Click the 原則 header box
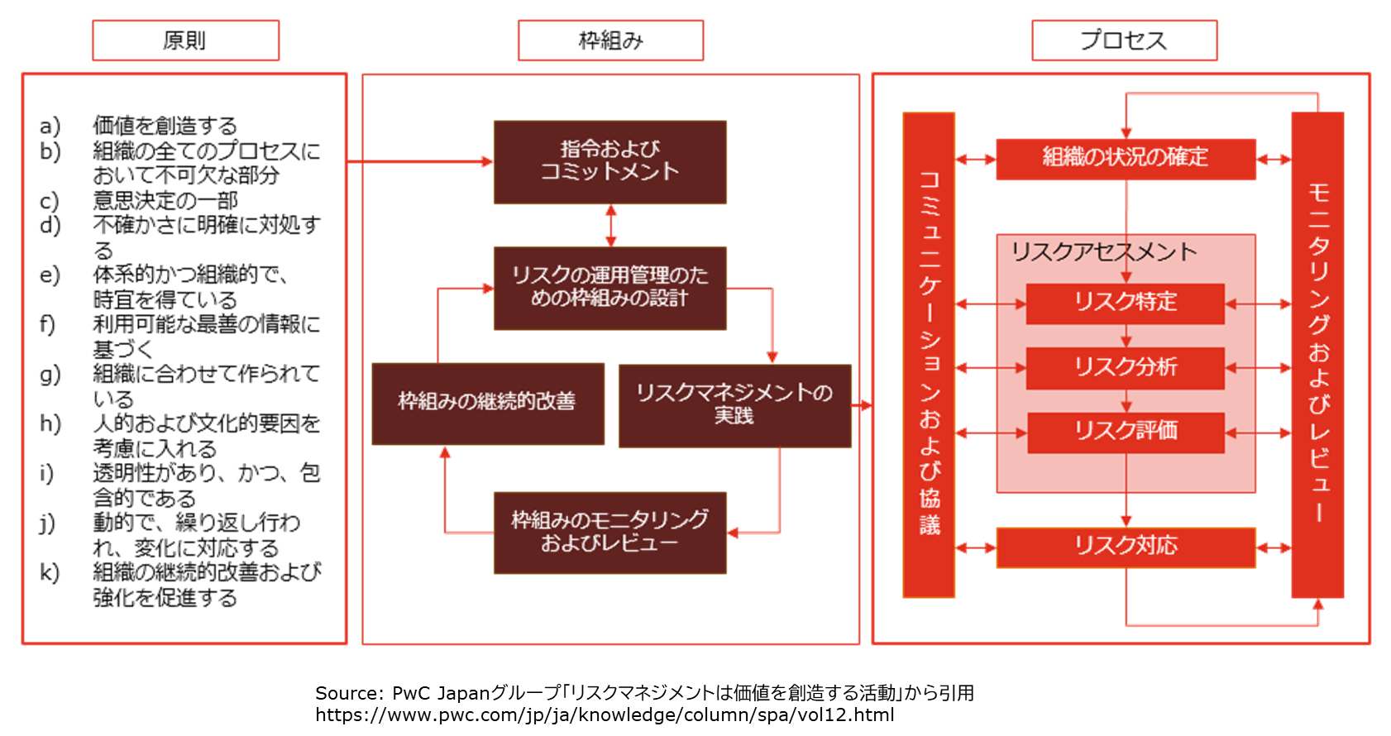pos(185,41)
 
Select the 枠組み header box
pos(610,41)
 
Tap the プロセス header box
pos(1125,41)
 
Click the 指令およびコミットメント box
pos(610,162)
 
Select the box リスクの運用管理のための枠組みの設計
pos(610,288)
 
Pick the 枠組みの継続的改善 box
pos(488,404)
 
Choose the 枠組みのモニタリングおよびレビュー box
pos(610,533)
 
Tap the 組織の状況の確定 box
pos(1126,159)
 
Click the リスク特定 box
pos(1126,303)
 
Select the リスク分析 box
pos(1126,367)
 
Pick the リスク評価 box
pos(1126,432)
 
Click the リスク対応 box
pos(1126,547)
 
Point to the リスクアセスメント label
pos(1104,252)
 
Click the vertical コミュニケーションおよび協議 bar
pos(929,354)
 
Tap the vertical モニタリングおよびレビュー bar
pos(1317,354)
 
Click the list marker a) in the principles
pos(50,127)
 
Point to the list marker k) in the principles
pos(50,571)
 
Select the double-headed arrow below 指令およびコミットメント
pos(611,225)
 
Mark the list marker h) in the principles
pos(50,423)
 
